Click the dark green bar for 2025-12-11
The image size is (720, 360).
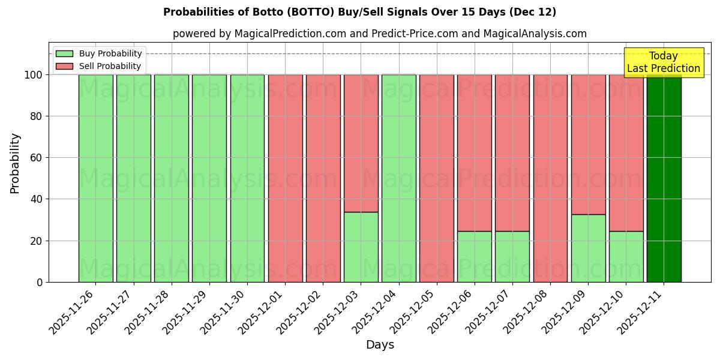click(x=664, y=180)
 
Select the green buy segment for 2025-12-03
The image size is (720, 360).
click(x=361, y=247)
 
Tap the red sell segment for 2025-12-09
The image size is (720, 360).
click(x=588, y=144)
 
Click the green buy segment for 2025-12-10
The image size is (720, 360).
click(x=626, y=256)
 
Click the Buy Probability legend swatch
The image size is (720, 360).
click(x=64, y=53)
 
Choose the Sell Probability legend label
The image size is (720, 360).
click(x=110, y=66)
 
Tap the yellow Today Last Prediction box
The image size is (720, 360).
click(x=663, y=62)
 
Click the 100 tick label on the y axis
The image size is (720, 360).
click(x=34, y=75)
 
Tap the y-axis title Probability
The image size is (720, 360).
click(x=15, y=163)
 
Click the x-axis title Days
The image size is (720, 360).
click(x=380, y=345)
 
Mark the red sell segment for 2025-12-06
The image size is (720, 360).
click(x=474, y=153)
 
